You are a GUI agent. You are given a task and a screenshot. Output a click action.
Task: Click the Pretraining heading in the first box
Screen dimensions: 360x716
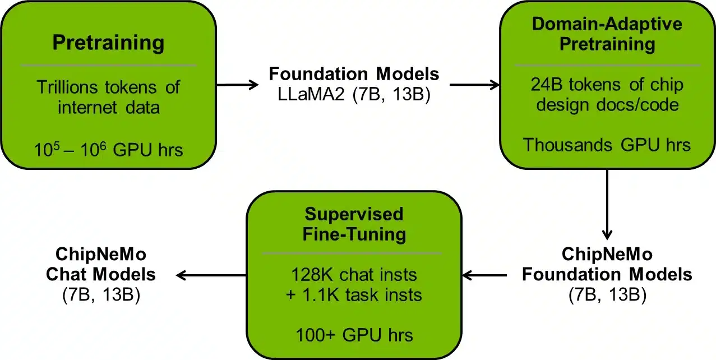[x=108, y=43]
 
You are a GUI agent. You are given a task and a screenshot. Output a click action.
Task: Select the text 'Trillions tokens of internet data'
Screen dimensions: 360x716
[x=108, y=96]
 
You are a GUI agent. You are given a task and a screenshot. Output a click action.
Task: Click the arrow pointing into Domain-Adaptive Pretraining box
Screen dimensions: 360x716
[x=474, y=85]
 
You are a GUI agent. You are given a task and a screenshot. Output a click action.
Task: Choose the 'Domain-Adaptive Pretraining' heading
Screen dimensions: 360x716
[x=608, y=34]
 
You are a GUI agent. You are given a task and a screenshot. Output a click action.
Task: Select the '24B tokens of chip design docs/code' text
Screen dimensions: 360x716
[x=608, y=94]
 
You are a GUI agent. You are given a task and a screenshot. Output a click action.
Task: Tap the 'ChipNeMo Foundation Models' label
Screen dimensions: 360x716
[x=608, y=265]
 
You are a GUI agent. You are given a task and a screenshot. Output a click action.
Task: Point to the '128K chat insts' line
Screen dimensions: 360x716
[x=354, y=275]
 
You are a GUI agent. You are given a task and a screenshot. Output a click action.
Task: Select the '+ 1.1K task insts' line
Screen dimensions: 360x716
[x=354, y=294]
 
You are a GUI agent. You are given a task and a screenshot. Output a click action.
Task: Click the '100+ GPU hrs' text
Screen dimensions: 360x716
[x=354, y=335]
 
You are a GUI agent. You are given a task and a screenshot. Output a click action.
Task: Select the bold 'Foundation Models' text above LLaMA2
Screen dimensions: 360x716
[x=354, y=74]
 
